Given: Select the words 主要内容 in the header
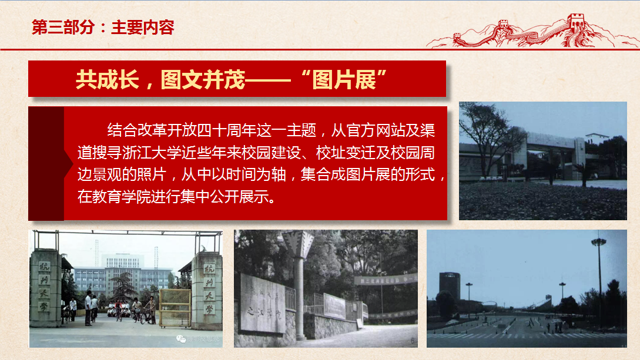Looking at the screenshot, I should tap(143, 28).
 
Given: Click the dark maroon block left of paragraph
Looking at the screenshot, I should tap(46, 163).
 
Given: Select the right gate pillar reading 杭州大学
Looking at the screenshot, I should tap(207, 288).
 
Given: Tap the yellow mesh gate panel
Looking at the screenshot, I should tap(175, 306).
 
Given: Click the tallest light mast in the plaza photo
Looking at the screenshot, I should tap(599, 276).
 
